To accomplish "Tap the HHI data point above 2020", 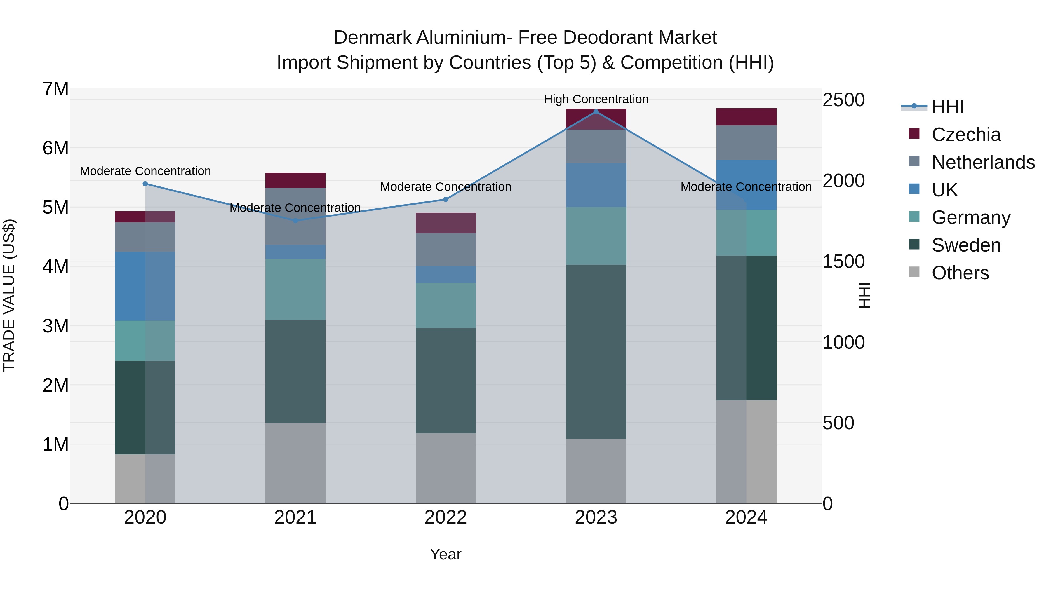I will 145,184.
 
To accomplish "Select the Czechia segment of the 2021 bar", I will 295,180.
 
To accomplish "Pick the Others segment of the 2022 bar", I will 446,468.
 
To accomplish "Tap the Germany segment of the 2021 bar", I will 295,290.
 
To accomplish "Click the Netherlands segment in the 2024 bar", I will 746,143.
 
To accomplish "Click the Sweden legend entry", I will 966,245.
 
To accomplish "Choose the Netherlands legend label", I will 983,162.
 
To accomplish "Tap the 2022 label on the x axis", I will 446,517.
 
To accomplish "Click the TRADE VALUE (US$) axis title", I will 9,295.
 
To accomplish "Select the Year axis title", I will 446,554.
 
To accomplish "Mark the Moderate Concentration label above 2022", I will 446,187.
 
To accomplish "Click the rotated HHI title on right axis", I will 864,295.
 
